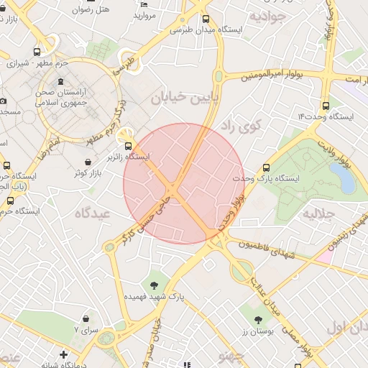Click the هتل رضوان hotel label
tap(93, 10)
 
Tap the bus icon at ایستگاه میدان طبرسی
tap(207, 19)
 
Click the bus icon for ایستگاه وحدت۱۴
tap(326, 105)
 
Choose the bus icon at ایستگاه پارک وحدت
tap(268, 166)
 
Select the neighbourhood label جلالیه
tap(319, 213)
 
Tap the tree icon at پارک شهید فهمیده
tap(155, 280)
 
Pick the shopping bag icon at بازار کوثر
tap(78, 172)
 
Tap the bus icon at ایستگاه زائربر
tap(128, 144)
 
